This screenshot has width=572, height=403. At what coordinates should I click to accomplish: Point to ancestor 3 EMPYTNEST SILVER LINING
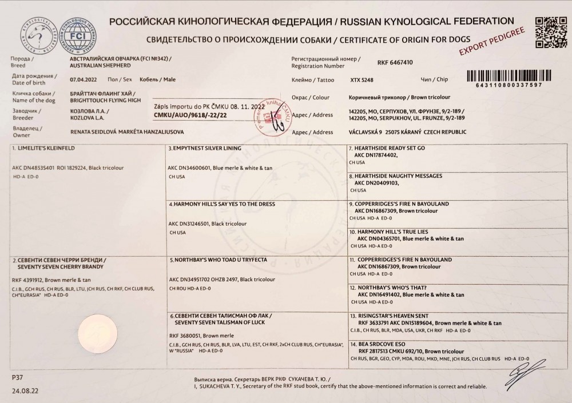(x=205, y=148)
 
